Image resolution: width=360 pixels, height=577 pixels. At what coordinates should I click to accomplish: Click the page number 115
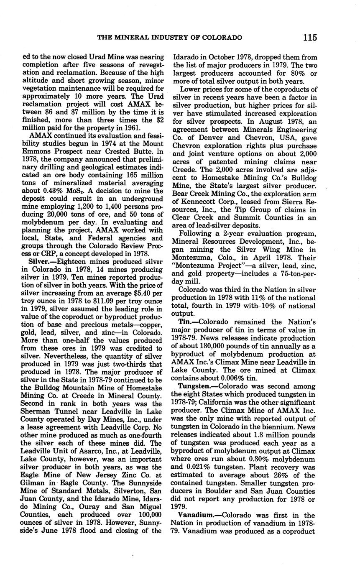pos(310,38)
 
